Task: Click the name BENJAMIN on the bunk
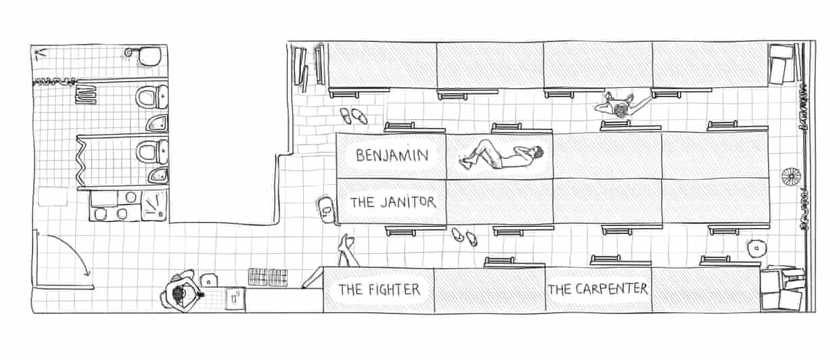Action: pos(392,155)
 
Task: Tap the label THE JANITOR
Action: pos(393,202)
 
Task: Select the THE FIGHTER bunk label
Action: pos(380,290)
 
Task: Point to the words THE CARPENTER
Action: pos(598,289)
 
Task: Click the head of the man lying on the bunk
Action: pos(538,152)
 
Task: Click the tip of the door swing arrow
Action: pos(89,275)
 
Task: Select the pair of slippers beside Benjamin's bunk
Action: pos(354,116)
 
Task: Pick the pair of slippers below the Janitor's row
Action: pos(464,237)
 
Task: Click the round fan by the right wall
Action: pos(791,176)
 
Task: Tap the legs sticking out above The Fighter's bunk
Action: pos(347,250)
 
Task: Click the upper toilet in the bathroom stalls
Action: pos(152,97)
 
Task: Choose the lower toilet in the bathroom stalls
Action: pos(152,152)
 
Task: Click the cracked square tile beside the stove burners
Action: pos(154,205)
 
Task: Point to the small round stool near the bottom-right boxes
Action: pos(756,248)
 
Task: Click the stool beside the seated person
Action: pos(208,280)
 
